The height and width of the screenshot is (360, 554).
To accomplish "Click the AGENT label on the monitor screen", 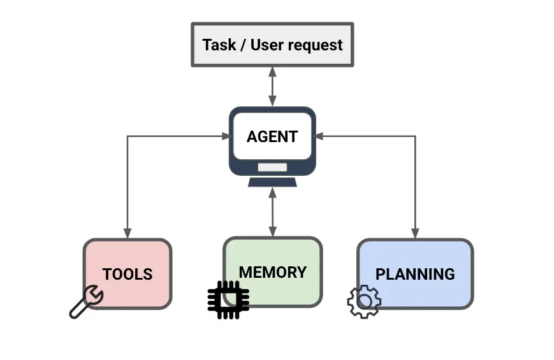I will (x=272, y=137).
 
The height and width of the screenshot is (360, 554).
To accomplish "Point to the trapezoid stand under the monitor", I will (x=272, y=182).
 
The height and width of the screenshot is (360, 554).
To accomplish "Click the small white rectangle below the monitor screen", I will (x=272, y=168).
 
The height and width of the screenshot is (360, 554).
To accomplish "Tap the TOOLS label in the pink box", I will (x=128, y=274).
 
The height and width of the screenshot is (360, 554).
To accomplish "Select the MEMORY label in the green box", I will (x=272, y=272).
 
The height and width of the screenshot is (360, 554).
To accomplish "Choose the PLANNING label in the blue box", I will (x=415, y=274).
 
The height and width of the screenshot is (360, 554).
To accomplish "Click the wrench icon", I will (x=86, y=301).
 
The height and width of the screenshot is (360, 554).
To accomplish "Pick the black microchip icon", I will (x=228, y=299).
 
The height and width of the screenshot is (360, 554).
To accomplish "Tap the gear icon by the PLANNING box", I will (x=364, y=301).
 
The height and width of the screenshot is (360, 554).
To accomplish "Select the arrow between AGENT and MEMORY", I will (x=272, y=212).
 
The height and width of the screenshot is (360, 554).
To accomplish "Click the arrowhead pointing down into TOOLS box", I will (x=128, y=234).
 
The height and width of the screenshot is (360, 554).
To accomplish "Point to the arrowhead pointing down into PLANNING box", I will (x=415, y=234).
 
